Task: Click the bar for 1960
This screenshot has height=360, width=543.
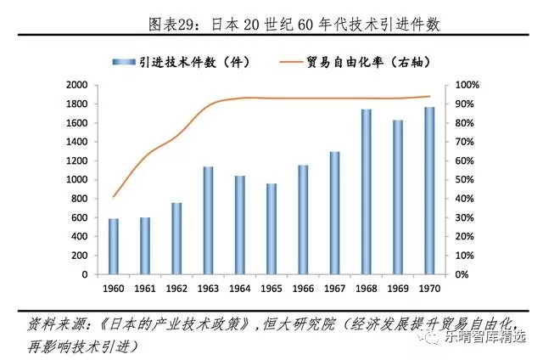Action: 114,246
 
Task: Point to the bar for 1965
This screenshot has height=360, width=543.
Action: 271,229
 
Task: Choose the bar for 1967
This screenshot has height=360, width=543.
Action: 334,213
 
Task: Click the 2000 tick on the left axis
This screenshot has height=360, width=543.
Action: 77,86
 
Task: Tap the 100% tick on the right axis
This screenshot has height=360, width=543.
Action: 468,86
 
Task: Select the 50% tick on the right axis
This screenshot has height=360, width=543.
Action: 466,180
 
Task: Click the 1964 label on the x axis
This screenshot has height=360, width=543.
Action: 240,289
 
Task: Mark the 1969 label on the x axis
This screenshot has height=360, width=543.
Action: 398,289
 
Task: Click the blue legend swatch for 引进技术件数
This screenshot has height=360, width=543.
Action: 120,61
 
